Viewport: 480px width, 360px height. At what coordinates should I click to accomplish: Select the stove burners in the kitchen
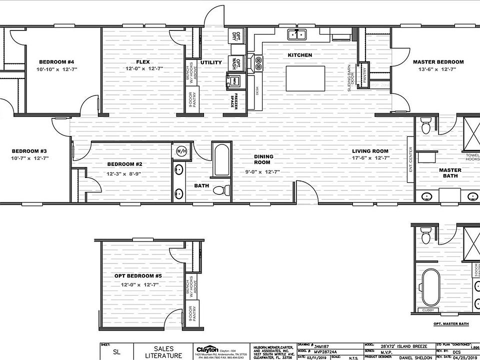pos(258,62)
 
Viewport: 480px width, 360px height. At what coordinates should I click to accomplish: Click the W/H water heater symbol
pos(180,150)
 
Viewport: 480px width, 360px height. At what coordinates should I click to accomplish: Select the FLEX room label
pos(143,62)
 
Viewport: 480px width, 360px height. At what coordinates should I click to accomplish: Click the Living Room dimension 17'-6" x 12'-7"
pos(370,158)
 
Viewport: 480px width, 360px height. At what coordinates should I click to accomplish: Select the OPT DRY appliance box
pos(238,35)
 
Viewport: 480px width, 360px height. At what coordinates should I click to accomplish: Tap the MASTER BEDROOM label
pos(438,62)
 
